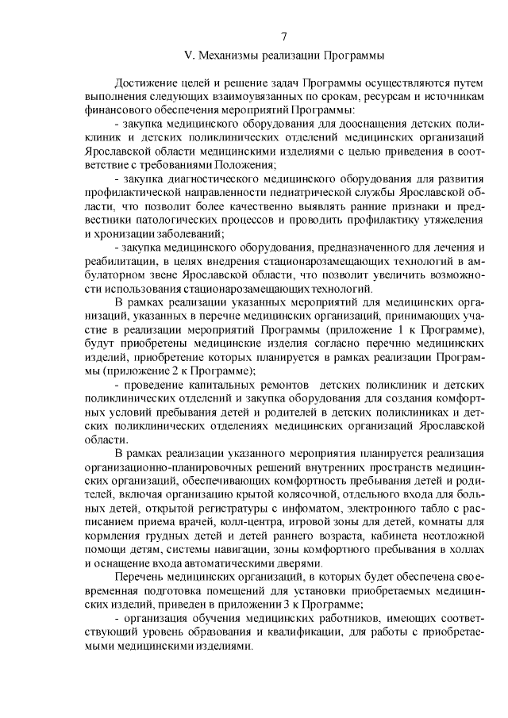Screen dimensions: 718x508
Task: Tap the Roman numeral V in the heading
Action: [187, 56]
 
